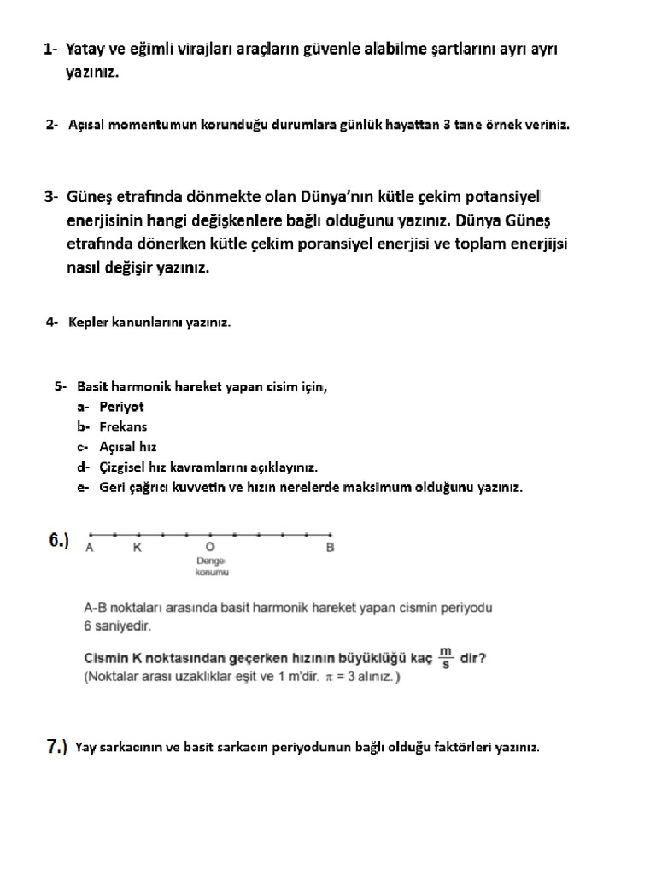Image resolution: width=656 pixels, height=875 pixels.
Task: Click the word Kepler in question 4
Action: (89, 323)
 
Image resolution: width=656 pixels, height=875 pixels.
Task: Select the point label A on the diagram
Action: (90, 548)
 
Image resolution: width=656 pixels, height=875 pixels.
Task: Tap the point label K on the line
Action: (137, 548)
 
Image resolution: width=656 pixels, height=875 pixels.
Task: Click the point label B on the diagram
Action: (330, 548)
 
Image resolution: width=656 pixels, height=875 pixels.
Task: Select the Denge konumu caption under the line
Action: (210, 567)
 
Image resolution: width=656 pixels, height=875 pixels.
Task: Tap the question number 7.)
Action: (56, 747)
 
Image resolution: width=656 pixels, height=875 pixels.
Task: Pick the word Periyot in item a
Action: (121, 407)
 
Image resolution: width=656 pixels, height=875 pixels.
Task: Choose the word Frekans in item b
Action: (123, 426)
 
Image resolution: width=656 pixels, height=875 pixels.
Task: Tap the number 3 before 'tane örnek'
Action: (447, 125)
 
